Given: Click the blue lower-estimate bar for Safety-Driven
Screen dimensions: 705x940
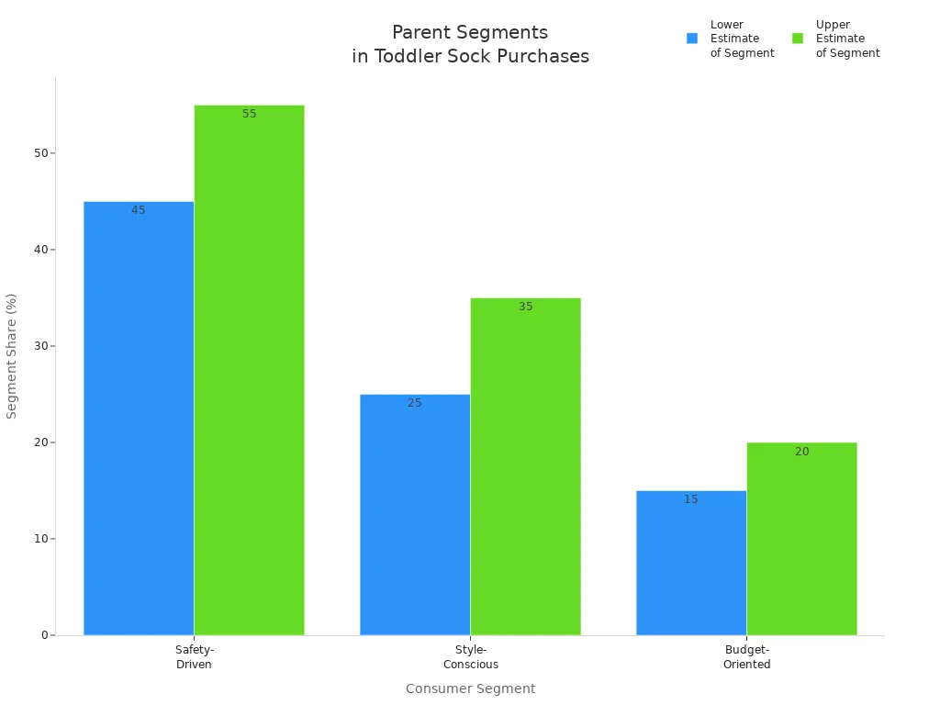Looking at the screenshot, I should click(x=139, y=418).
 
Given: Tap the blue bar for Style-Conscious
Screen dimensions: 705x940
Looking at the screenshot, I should click(x=415, y=514).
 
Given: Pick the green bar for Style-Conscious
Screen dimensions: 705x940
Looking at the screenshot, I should click(x=525, y=466).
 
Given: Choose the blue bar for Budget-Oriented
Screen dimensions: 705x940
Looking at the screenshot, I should click(x=691, y=563).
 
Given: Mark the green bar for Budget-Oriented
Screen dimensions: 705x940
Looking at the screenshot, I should click(x=801, y=539).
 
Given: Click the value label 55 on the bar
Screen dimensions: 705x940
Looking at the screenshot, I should click(x=250, y=114).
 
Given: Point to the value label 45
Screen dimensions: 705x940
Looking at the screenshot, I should click(x=139, y=210).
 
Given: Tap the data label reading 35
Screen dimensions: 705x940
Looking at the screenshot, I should click(x=526, y=307).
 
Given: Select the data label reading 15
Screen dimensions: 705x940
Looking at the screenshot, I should click(x=691, y=499).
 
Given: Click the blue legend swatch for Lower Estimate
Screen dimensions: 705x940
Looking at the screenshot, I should click(x=692, y=39).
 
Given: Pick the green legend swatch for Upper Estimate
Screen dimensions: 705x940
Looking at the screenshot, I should click(x=798, y=39).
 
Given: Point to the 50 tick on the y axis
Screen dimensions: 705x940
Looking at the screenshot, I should click(x=40, y=153).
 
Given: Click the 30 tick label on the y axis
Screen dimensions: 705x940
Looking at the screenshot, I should click(x=40, y=346).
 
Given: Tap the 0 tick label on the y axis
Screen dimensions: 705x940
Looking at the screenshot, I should click(x=44, y=635).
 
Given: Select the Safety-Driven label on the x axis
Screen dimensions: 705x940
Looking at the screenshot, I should click(x=195, y=657).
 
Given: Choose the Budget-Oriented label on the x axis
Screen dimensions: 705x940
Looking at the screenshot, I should click(x=746, y=657).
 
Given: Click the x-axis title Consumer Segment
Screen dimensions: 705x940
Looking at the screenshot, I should click(x=470, y=688).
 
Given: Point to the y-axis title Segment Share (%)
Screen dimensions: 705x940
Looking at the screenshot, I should click(x=12, y=356).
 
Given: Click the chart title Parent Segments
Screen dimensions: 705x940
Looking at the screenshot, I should click(x=470, y=33).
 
